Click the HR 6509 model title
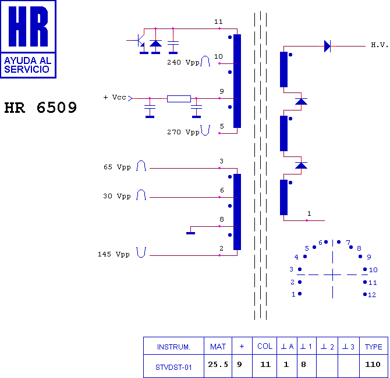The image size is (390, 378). coord(41,108)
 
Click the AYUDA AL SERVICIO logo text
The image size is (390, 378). coord(27,65)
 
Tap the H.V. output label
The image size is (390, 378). coord(380,45)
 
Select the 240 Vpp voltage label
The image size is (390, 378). coord(183,62)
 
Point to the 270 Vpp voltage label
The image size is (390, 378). coord(183,132)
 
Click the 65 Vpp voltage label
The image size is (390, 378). coord(117,167)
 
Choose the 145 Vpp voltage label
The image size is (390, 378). coord(114,254)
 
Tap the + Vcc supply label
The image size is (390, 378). coord(115,97)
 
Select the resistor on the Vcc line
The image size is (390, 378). coord(179,99)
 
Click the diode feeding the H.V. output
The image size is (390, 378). coord(327,46)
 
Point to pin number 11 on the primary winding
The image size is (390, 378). coord(218,22)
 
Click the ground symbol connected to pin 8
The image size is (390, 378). coord(190,233)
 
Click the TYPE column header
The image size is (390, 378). coord(373,347)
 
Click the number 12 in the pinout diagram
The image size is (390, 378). coord(372,295)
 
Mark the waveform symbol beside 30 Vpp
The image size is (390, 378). coord(141,195)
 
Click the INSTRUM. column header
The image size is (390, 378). coord(173,347)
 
